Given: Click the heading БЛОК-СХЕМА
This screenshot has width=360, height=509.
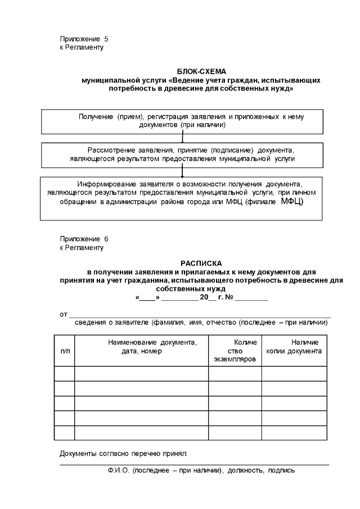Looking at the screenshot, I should click(x=201, y=71).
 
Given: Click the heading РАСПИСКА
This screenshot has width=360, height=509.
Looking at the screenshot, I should click(x=201, y=263).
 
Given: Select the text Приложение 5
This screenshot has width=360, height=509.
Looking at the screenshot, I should click(x=84, y=39).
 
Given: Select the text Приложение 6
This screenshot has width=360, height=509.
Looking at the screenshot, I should click(x=84, y=238).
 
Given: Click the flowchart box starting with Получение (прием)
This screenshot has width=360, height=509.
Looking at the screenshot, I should click(x=182, y=120).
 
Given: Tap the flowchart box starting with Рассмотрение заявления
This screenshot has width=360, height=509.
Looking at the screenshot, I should click(x=182, y=155).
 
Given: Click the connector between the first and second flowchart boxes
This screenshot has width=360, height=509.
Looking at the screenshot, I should click(x=182, y=137).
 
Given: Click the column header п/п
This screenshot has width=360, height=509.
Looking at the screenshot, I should click(x=65, y=351).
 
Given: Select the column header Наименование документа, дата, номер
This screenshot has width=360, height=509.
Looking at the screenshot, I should click(x=141, y=346).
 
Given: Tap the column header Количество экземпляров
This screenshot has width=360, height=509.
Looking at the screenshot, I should click(x=235, y=350).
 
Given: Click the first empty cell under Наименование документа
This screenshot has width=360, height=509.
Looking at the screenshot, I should click(x=141, y=373).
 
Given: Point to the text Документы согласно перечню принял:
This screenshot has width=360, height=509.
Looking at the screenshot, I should click(x=123, y=453).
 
